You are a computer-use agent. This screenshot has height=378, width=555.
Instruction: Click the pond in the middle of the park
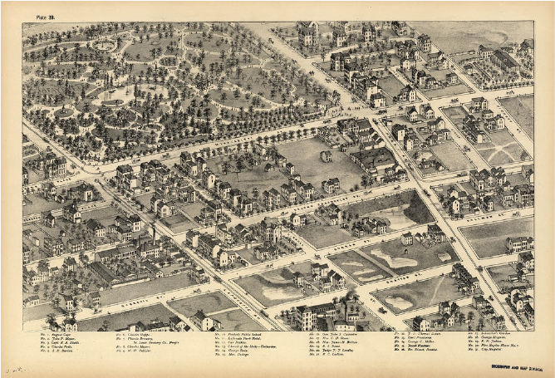tap(112, 102)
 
